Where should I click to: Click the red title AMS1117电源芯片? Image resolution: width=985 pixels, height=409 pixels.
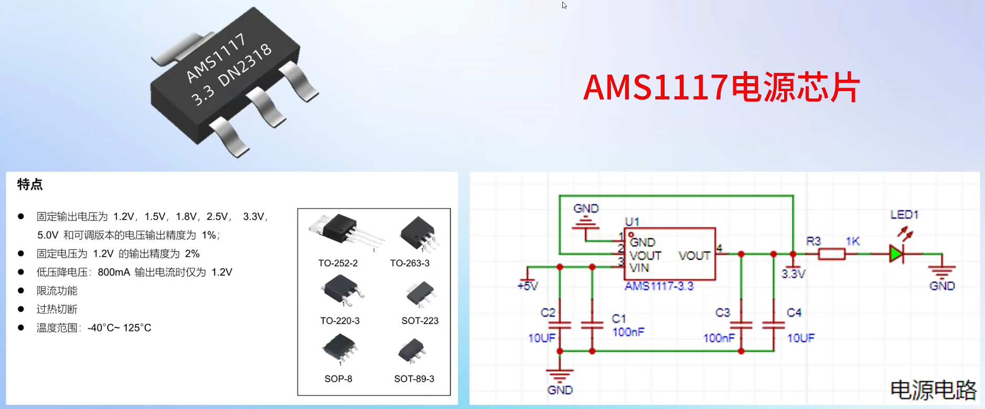pyautogui.click(x=721, y=87)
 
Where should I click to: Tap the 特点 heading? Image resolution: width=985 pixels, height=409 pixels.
pyautogui.click(x=30, y=184)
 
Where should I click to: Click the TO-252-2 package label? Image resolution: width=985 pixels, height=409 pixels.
pyautogui.click(x=338, y=263)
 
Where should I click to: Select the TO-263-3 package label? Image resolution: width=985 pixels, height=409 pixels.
pyautogui.click(x=410, y=263)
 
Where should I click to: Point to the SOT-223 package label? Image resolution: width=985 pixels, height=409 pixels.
pyautogui.click(x=420, y=320)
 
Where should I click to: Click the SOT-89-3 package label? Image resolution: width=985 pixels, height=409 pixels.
pyautogui.click(x=414, y=379)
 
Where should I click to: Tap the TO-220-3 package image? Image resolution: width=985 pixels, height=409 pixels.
pyautogui.click(x=341, y=291)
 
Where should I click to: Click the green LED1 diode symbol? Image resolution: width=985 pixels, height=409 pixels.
pyautogui.click(x=896, y=255)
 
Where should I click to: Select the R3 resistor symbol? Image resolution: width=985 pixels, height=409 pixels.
pyautogui.click(x=831, y=255)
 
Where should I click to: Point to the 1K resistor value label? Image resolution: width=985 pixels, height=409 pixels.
pyautogui.click(x=852, y=241)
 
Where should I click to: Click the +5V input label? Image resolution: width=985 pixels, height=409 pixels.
pyautogui.click(x=527, y=286)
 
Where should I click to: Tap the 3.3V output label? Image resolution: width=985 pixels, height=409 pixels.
pyautogui.click(x=793, y=274)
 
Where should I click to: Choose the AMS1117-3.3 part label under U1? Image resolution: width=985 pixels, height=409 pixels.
pyautogui.click(x=659, y=286)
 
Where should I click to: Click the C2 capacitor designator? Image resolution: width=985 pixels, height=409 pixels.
pyautogui.click(x=548, y=313)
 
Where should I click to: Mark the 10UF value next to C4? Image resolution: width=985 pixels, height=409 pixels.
pyautogui.click(x=801, y=338)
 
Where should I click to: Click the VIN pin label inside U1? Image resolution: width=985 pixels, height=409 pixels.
pyautogui.click(x=639, y=268)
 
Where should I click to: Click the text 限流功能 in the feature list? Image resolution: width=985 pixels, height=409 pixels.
pyautogui.click(x=57, y=291)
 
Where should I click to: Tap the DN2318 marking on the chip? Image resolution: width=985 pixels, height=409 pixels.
pyautogui.click(x=245, y=65)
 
